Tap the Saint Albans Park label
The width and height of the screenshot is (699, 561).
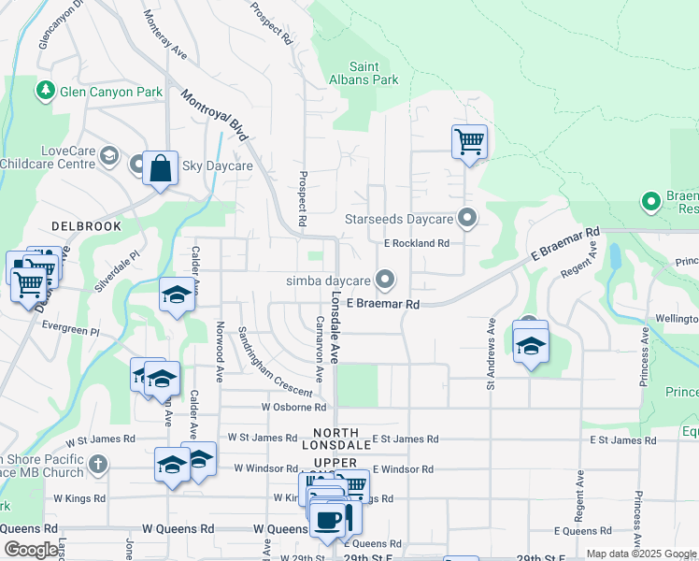[378, 73]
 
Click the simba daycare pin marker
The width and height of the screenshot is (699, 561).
[384, 280]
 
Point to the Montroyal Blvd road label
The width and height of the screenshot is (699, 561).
[215, 115]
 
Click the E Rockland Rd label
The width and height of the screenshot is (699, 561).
[416, 243]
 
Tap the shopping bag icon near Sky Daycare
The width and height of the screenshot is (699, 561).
[160, 168]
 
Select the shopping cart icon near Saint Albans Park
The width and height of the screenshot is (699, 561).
[469, 142]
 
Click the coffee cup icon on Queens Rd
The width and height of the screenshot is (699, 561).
[326, 520]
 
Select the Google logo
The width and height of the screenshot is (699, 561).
[31, 550]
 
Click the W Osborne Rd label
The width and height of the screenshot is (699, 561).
[293, 407]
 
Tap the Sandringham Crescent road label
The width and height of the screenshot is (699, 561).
[261, 363]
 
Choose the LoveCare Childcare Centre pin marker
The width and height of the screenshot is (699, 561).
[109, 155]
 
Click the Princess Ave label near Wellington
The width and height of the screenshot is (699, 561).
[644, 354]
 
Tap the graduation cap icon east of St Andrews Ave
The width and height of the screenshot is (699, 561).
[531, 345]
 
